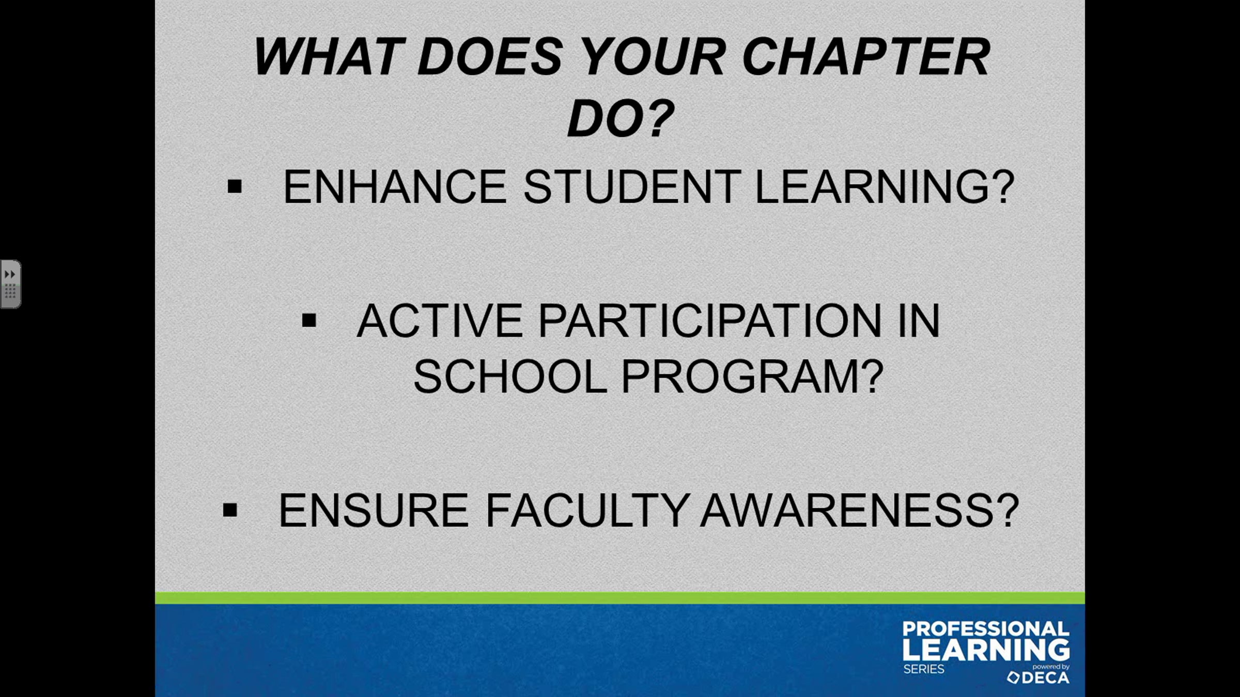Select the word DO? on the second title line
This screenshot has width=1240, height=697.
pyautogui.click(x=621, y=118)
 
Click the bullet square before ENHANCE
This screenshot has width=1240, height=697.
pyautogui.click(x=235, y=186)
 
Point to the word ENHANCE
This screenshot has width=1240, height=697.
pyautogui.click(x=395, y=186)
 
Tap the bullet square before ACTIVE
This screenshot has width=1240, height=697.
pyautogui.click(x=309, y=321)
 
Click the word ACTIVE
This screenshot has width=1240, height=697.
pyautogui.click(x=440, y=321)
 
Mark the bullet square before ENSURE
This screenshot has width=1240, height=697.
pyautogui.click(x=230, y=510)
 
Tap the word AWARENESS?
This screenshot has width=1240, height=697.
pyautogui.click(x=859, y=510)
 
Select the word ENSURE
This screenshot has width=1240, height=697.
pyautogui.click(x=374, y=510)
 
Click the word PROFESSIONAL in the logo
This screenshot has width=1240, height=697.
pyautogui.click(x=986, y=629)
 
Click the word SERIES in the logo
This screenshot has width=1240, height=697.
pyautogui.click(x=924, y=669)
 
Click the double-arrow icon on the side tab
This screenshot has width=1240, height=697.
pyautogui.click(x=10, y=274)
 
